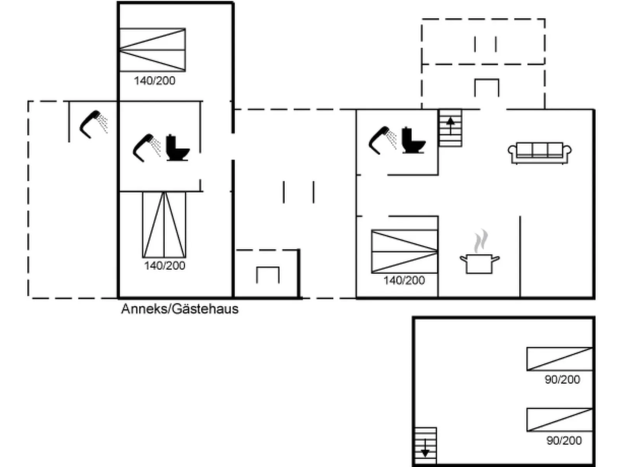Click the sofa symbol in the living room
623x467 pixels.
click(x=540, y=153)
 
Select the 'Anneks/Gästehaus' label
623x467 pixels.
click(x=180, y=309)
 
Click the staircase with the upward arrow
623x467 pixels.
click(x=450, y=128)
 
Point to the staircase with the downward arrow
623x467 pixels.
click(x=425, y=446)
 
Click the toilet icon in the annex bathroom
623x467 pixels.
click(x=178, y=147)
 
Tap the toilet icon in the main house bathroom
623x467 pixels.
click(x=414, y=140)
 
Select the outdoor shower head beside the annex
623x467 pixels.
click(x=93, y=124)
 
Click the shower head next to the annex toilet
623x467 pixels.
click(x=147, y=148)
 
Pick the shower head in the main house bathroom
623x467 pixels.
click(x=382, y=140)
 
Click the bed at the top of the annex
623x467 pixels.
click(x=153, y=50)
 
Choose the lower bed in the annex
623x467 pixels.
click(x=164, y=224)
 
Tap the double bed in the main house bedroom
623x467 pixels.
click(x=405, y=251)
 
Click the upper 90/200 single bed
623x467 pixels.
click(x=559, y=359)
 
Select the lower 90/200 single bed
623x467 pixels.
click(x=559, y=420)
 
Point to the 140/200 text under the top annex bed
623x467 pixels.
click(x=154, y=81)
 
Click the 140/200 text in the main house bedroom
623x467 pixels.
click(x=404, y=281)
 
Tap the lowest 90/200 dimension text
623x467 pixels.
click(x=564, y=440)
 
